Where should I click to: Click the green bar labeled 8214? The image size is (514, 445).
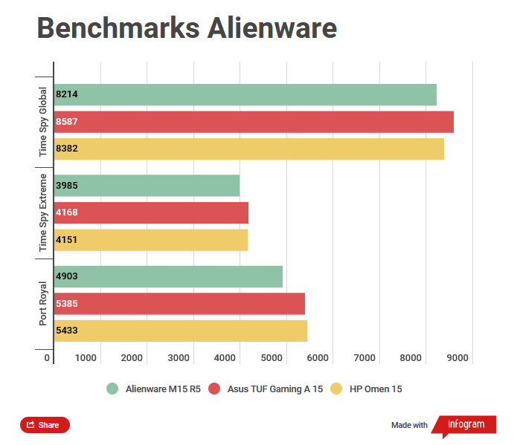point(245,94)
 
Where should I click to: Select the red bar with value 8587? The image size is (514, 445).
point(254,122)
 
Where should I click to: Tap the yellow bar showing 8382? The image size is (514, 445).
point(248,149)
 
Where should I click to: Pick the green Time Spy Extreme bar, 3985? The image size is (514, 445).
point(147,186)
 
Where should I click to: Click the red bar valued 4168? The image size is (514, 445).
point(151,212)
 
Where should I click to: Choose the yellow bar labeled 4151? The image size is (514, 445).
point(150,239)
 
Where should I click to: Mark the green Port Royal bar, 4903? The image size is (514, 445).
point(168,276)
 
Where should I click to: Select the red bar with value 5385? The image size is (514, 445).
point(179,303)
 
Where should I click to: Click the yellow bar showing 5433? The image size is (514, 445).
point(180,331)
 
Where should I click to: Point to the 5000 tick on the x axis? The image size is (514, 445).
point(272,358)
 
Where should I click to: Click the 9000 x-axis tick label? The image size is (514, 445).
point(457,358)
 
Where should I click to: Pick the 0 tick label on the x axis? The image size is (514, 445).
point(47,358)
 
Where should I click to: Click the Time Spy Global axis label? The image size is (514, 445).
point(44,122)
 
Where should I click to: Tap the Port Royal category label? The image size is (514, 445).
point(44,303)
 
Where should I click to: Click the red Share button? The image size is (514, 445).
point(45,425)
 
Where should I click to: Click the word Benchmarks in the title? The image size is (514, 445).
point(106,28)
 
